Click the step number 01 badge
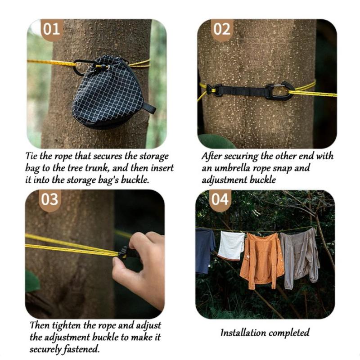pyautogui.click(x=52, y=29)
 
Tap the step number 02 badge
pyautogui.click(x=222, y=29)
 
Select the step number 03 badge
pyautogui.click(x=50, y=200)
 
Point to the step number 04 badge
pyautogui.click(x=220, y=200)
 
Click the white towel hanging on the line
pyautogui.click(x=231, y=245)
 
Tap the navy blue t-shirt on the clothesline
pyautogui.click(x=205, y=250)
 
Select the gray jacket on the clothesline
pyautogui.click(x=300, y=257)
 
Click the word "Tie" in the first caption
pyautogui.click(x=31, y=156)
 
